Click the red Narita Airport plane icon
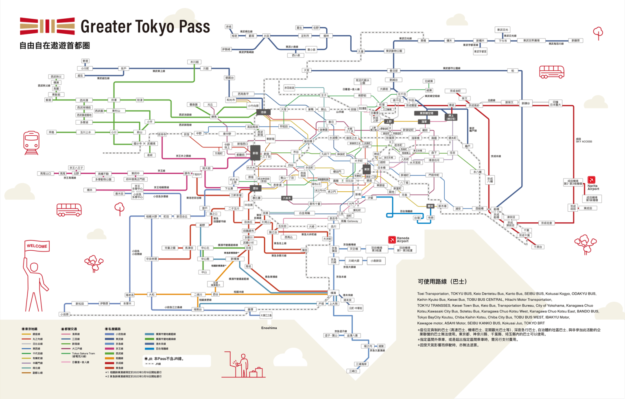(x=592, y=180)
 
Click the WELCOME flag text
(x=37, y=246)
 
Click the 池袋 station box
(x=263, y=112)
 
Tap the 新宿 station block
(x=256, y=153)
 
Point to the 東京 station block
(x=367, y=169)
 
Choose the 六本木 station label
(x=286, y=198)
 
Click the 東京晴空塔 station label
(x=426, y=113)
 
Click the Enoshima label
(x=269, y=328)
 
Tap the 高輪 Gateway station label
(x=350, y=221)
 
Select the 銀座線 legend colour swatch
(x=26, y=334)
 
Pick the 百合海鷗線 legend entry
(x=162, y=349)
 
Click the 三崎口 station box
(x=353, y=371)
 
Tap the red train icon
(x=31, y=142)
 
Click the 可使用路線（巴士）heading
(x=442, y=282)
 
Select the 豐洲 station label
(x=430, y=206)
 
